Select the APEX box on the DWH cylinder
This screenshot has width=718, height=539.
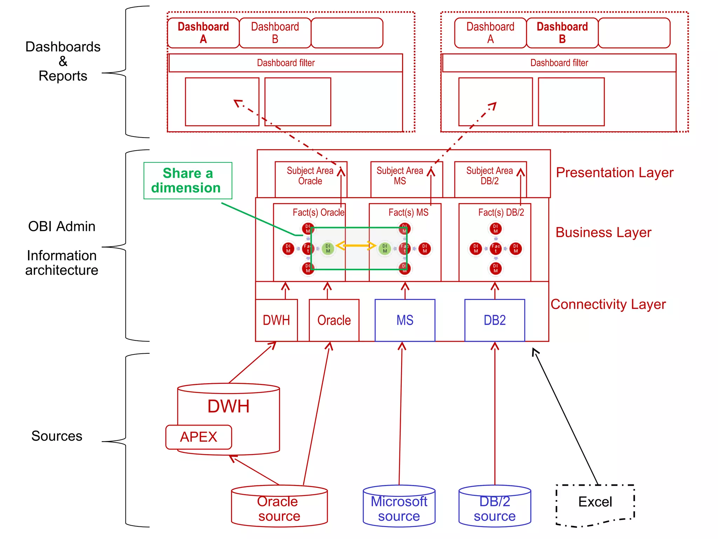coord(198,437)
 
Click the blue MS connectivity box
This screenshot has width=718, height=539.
coord(405,320)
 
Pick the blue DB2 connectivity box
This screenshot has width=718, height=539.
coord(495,320)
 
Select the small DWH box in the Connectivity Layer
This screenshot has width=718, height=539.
coord(276,320)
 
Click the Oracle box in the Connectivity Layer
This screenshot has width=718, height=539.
coord(334,320)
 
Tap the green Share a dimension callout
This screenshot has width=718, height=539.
coord(188,180)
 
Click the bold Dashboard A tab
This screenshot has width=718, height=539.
coord(203,33)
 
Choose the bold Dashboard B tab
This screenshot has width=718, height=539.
coord(562,33)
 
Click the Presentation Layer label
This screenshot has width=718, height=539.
coord(615,173)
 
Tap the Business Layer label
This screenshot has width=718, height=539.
coord(603,232)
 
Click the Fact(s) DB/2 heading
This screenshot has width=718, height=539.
coord(501,212)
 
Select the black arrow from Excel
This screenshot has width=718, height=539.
coord(565,416)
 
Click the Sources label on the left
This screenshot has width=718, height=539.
coord(57,436)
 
